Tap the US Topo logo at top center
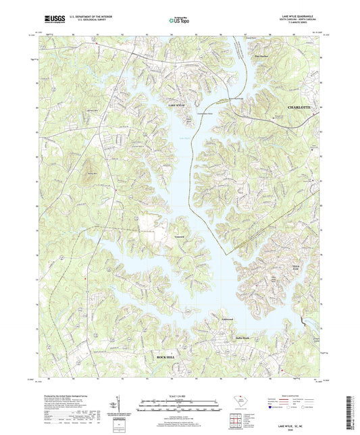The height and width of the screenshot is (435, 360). coord(179,21)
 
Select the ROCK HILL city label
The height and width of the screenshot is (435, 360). coord(167,356)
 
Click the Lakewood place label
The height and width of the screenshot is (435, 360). coord(208,320)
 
